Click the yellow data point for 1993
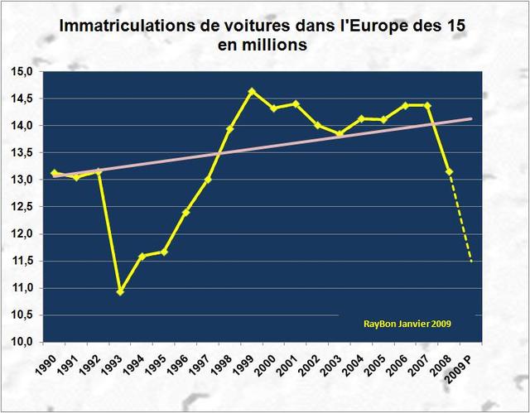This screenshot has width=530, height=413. (x=120, y=291)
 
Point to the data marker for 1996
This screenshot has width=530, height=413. (x=186, y=213)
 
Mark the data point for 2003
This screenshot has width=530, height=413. (x=340, y=133)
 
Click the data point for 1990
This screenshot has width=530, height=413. (x=55, y=173)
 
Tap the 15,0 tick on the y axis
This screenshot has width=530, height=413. (x=22, y=72)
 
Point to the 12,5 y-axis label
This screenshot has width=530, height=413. (x=22, y=207)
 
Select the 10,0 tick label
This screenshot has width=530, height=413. (x=22, y=342)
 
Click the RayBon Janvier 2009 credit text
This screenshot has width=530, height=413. (x=407, y=324)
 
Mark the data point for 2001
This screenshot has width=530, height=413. (x=296, y=104)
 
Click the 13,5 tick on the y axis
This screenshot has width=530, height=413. (x=22, y=153)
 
